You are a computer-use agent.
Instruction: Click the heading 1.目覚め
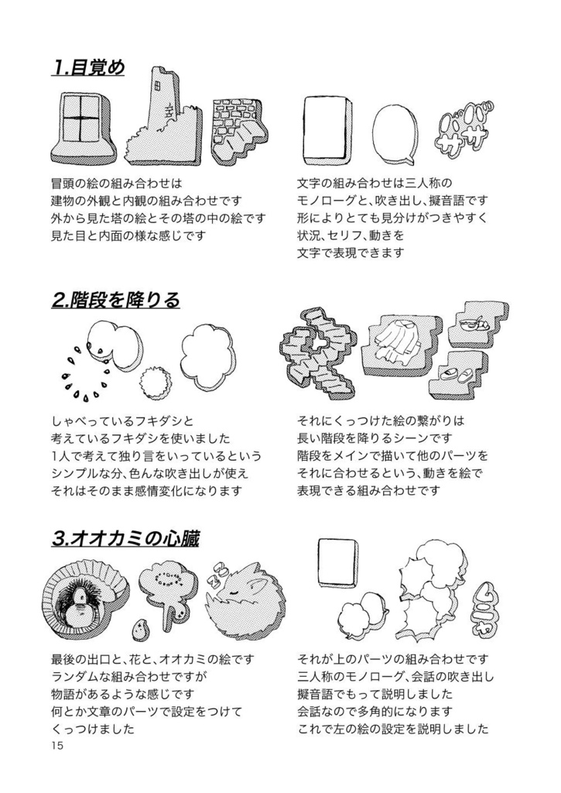(87, 68)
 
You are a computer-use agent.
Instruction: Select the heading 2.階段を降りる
(115, 300)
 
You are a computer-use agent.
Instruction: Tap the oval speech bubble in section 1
(394, 133)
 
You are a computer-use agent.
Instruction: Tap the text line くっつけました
(93, 729)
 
